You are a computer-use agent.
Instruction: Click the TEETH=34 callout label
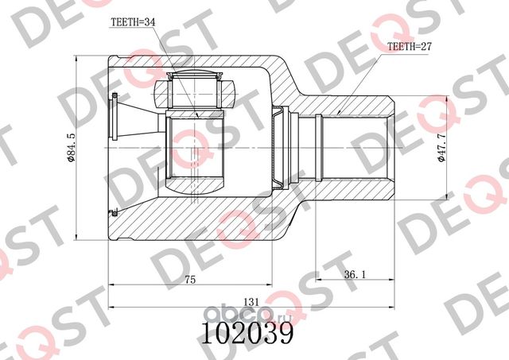[x=133, y=22]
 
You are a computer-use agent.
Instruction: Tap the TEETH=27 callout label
[x=410, y=47]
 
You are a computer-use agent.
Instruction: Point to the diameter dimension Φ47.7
[x=441, y=148]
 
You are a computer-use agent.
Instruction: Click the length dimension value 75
[x=190, y=280]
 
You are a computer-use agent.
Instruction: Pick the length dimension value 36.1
[x=355, y=275]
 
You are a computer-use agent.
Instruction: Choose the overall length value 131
[x=252, y=302]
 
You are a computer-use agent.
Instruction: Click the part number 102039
[x=247, y=332]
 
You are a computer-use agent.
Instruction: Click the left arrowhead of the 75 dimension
[x=112, y=285]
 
